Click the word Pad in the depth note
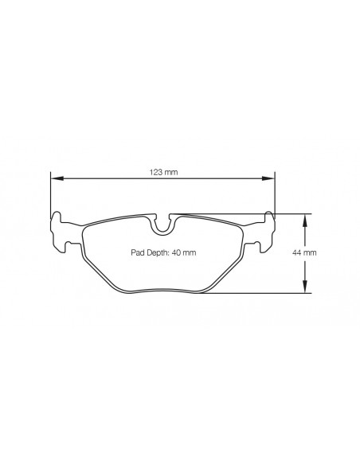138,252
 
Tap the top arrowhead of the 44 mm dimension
303,217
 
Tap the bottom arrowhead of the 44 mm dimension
303,289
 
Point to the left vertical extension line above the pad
50,195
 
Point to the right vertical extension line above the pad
275,195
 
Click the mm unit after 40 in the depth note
190,252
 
